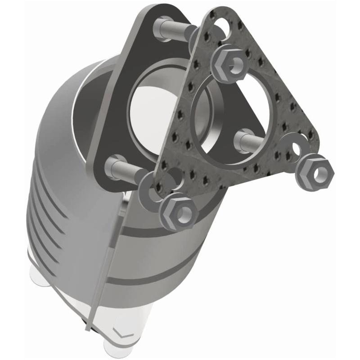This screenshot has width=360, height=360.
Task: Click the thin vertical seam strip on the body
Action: pos(108,270)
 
